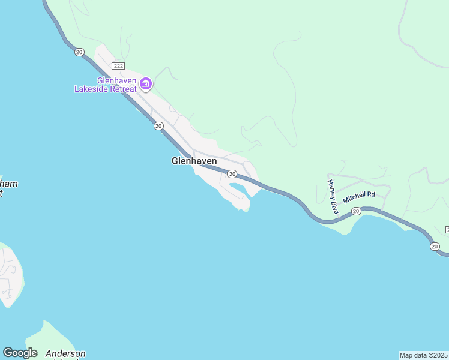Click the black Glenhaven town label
tap(194, 161)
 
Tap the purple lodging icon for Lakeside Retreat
tap(145, 83)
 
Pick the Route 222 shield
tap(118, 65)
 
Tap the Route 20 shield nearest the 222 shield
tap(79, 52)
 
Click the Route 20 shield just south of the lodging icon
tap(158, 125)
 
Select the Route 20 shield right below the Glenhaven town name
tap(232, 174)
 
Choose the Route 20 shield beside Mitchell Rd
tap(356, 211)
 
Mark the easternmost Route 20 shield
tap(434, 246)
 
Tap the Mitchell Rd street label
tap(358, 196)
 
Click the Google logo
tap(20, 353)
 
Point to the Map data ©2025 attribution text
tap(423, 355)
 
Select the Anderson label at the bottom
tap(65, 354)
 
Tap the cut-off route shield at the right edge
tap(447, 230)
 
